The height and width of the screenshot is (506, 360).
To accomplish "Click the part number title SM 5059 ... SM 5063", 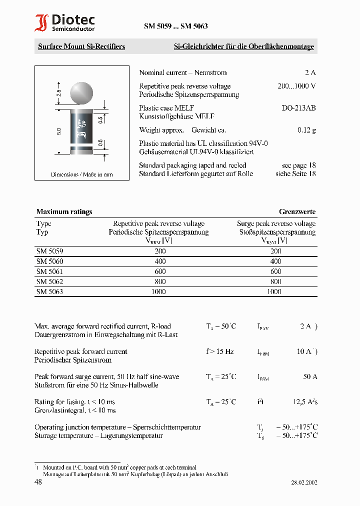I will coord(175,26).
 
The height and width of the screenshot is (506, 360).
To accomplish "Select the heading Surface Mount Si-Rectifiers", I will coord(81,46).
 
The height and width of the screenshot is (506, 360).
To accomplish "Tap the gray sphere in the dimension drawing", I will coord(81,93).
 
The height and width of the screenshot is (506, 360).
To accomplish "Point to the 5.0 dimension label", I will coord(59,131).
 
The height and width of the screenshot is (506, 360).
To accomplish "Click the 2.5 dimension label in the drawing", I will coord(59,93).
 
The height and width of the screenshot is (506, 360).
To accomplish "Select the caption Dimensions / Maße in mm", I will coord(81,174).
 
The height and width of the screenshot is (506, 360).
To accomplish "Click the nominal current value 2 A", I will coord(310,72).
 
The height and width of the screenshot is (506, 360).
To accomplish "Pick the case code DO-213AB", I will coord(298,108).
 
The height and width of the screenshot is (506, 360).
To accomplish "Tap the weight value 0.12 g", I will coord(306,130).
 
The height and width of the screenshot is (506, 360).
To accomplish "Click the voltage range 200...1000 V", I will coord(296,86).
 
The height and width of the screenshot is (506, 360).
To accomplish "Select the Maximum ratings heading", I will coord(64,211).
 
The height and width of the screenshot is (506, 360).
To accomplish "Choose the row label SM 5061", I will coord(50,271).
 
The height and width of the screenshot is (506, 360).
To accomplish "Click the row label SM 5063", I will coord(50,291).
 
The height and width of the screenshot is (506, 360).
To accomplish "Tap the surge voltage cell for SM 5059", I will coord(275,251).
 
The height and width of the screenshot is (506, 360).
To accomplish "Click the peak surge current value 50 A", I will coord(310,376).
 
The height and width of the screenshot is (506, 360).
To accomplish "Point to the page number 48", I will coord(38,481).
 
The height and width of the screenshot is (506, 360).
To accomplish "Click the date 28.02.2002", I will coord(304,482).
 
